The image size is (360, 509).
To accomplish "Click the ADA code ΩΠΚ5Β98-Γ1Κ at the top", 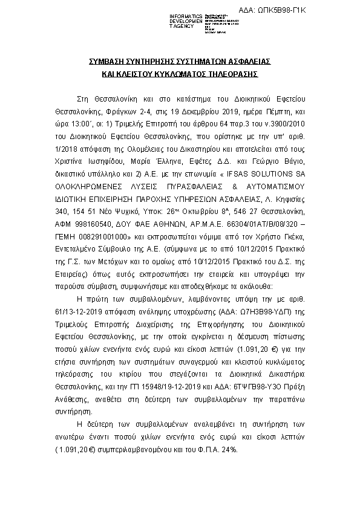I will (324, 11).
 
